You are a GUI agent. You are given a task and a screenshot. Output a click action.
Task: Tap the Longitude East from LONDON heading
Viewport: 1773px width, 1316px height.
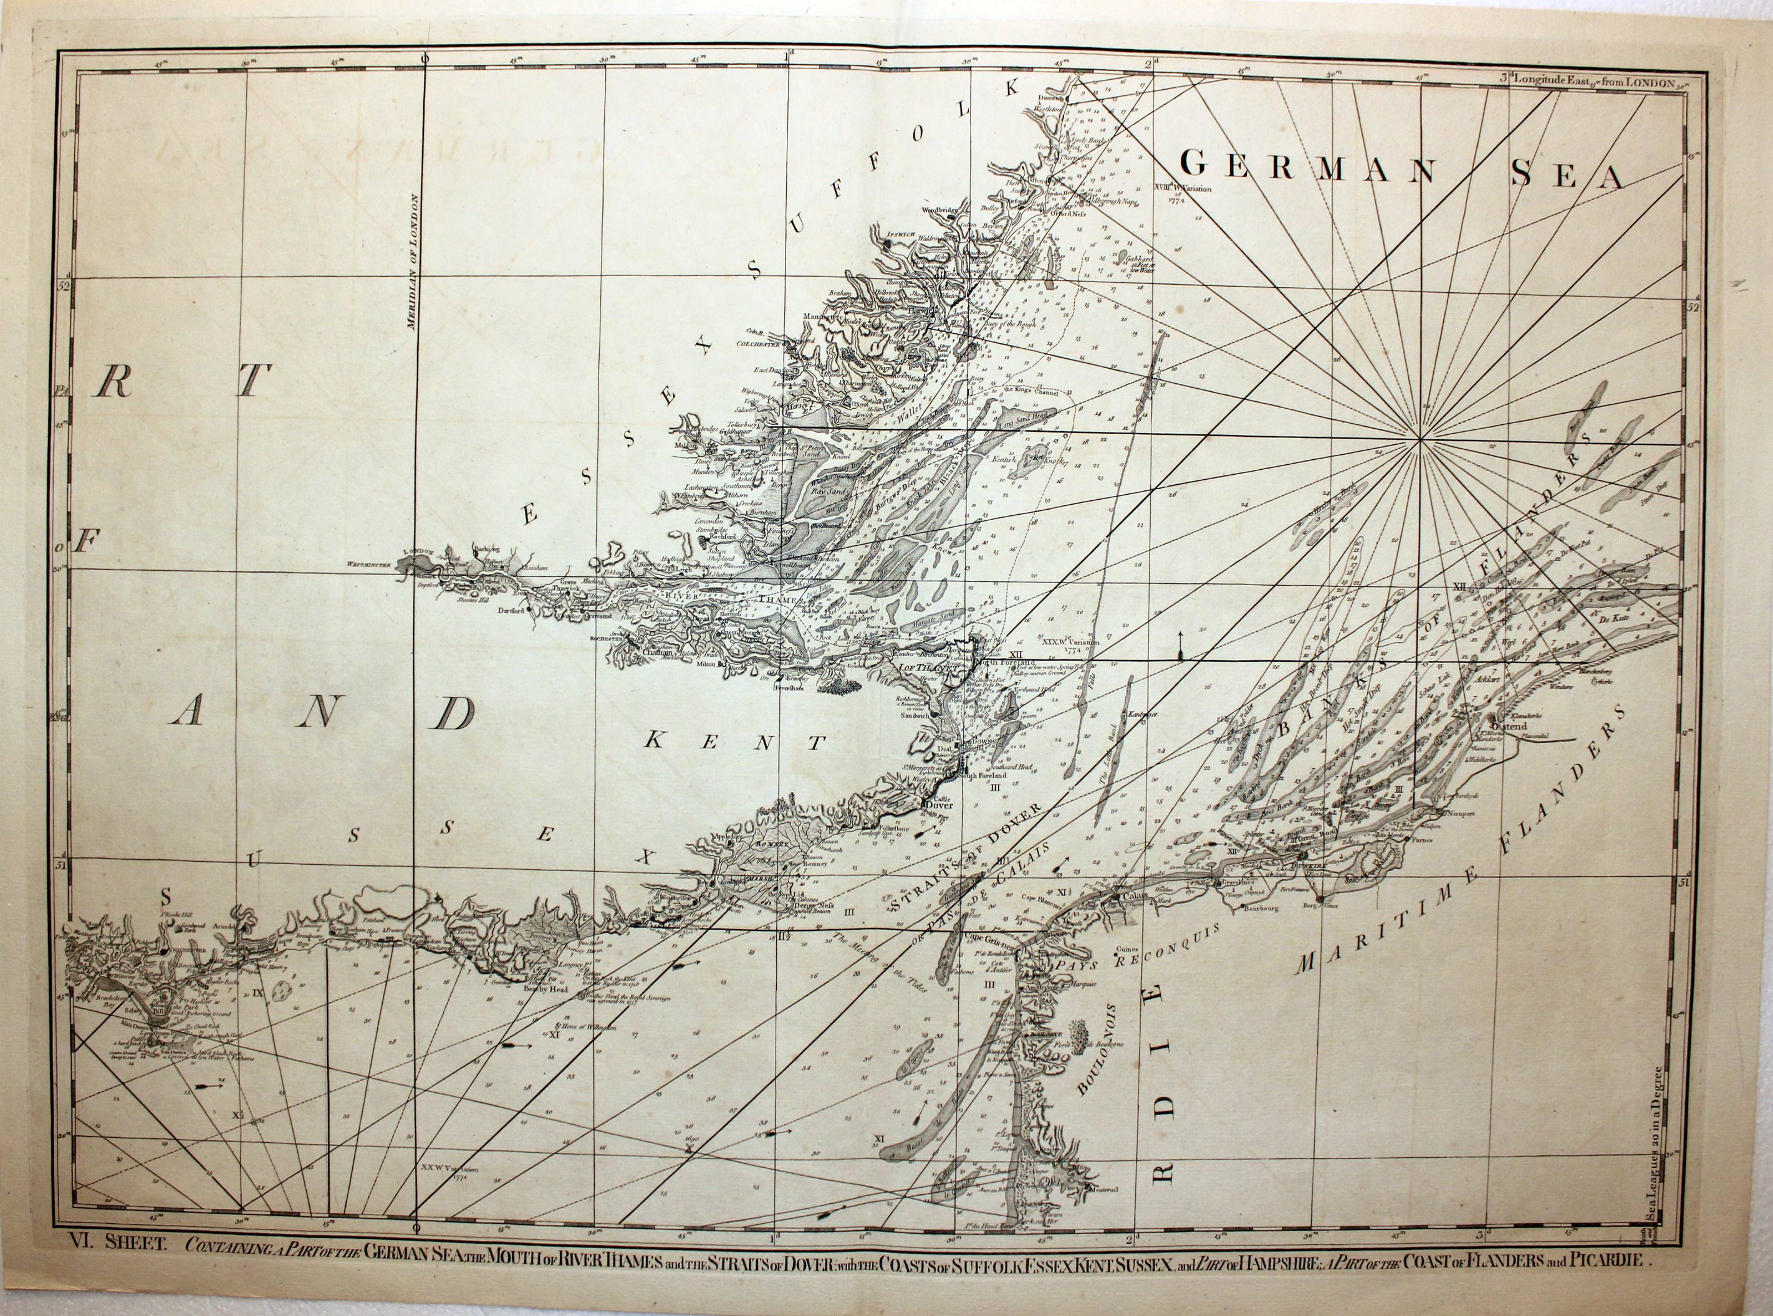tap(1554, 79)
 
